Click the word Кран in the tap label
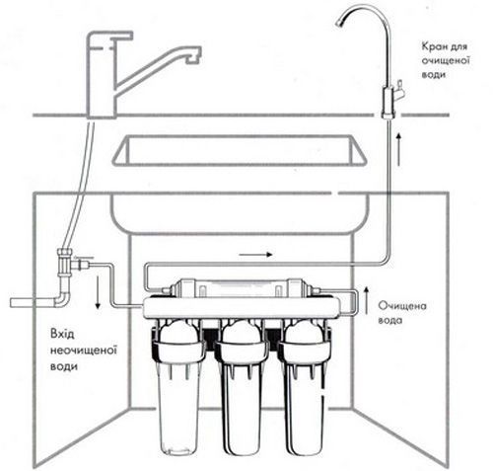[x=433, y=46]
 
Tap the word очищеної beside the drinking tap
[x=446, y=60]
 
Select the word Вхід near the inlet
[x=62, y=334]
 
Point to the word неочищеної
[x=84, y=350]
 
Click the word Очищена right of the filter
[x=402, y=306]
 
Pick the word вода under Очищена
[x=390, y=320]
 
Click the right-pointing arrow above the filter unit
[x=255, y=254]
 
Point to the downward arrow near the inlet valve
[x=98, y=292]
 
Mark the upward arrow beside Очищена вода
[x=367, y=300]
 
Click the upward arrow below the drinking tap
[x=398, y=149]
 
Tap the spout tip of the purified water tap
[x=339, y=23]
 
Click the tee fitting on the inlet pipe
[x=67, y=263]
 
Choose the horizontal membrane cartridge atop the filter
[x=241, y=288]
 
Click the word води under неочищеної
[x=64, y=366]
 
